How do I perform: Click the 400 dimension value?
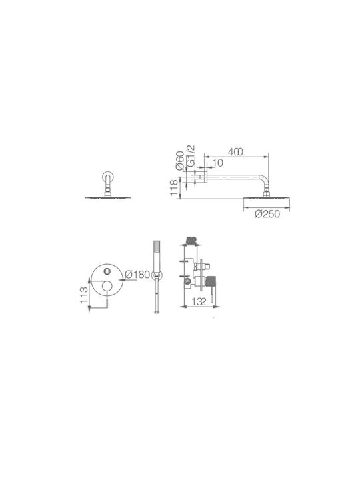(235, 151)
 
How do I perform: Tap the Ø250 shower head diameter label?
(267, 214)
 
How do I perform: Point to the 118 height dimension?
(173, 187)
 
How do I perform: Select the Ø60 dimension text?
(180, 161)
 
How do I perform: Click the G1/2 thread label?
(191, 156)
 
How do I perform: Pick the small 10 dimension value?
(217, 163)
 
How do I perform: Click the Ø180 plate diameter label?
(137, 274)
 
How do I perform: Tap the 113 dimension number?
(84, 295)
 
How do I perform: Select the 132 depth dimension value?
(199, 301)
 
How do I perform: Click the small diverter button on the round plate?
(107, 271)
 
